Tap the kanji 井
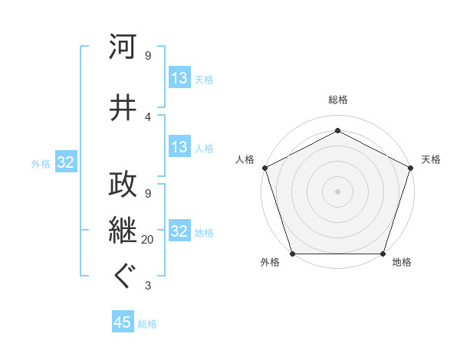[x=123, y=106]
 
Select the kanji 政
[x=123, y=183]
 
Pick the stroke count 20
[x=147, y=240]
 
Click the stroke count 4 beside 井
[x=147, y=116]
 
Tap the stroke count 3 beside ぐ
[x=147, y=286]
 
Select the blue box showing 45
[x=123, y=322]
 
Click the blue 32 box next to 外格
[x=65, y=162]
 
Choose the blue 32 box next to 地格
[x=179, y=231]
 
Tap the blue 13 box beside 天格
[x=179, y=78]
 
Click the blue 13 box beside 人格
[x=179, y=147]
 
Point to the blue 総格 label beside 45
[x=147, y=324]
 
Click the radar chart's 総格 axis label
[x=337, y=100]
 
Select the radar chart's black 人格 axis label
[x=245, y=159]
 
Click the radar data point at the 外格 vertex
[x=292, y=254]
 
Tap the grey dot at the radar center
[x=337, y=191]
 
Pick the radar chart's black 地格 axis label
[x=402, y=263]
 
